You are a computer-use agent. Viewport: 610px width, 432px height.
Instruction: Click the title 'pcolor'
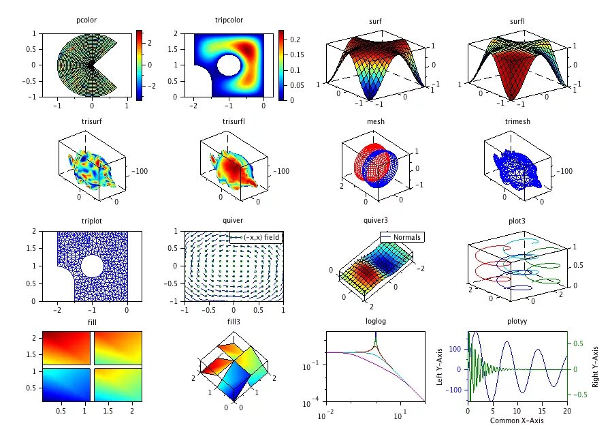click(86, 21)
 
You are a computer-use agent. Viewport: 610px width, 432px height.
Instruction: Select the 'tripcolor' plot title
click(229, 21)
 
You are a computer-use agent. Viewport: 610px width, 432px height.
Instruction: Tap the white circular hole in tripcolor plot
click(229, 66)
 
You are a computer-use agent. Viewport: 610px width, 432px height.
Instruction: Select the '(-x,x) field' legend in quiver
click(256, 236)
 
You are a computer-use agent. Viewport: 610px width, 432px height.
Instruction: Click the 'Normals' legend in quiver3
click(402, 237)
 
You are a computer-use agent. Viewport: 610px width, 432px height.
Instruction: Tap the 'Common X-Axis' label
click(517, 420)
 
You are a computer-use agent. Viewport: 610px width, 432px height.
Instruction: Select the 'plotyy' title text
click(517, 321)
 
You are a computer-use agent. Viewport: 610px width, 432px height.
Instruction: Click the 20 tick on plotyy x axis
click(566, 412)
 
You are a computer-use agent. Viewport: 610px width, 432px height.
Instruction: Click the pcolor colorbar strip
click(139, 65)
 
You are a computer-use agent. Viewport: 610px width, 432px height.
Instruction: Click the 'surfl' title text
click(517, 21)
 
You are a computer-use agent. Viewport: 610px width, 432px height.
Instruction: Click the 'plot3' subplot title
click(517, 220)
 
